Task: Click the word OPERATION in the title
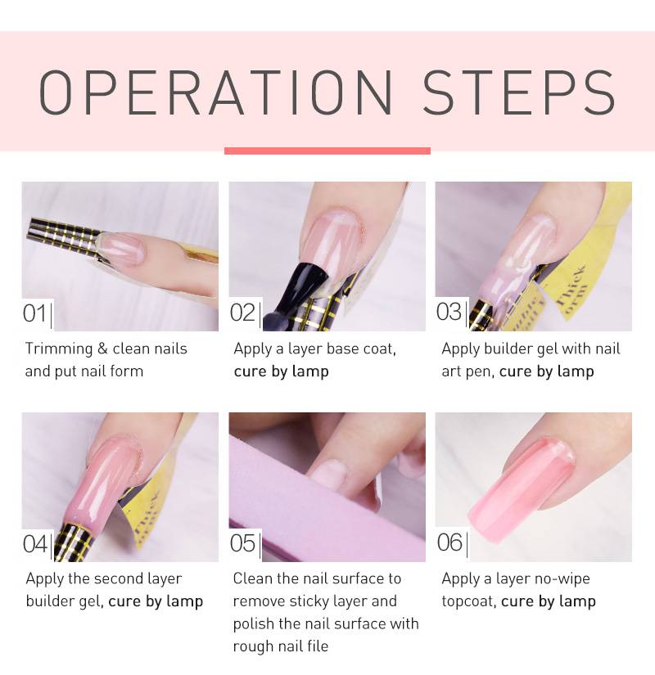(215, 92)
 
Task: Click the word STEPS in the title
(519, 92)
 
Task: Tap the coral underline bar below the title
(327, 151)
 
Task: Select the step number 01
(34, 313)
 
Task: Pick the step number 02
(242, 313)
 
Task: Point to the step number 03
(449, 312)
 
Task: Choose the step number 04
(35, 544)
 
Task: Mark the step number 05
(242, 543)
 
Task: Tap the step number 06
(449, 542)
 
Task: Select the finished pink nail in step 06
(522, 480)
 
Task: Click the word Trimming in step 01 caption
(59, 349)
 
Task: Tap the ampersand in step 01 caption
(102, 349)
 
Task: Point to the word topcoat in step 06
(468, 601)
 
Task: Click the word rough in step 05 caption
(252, 647)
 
